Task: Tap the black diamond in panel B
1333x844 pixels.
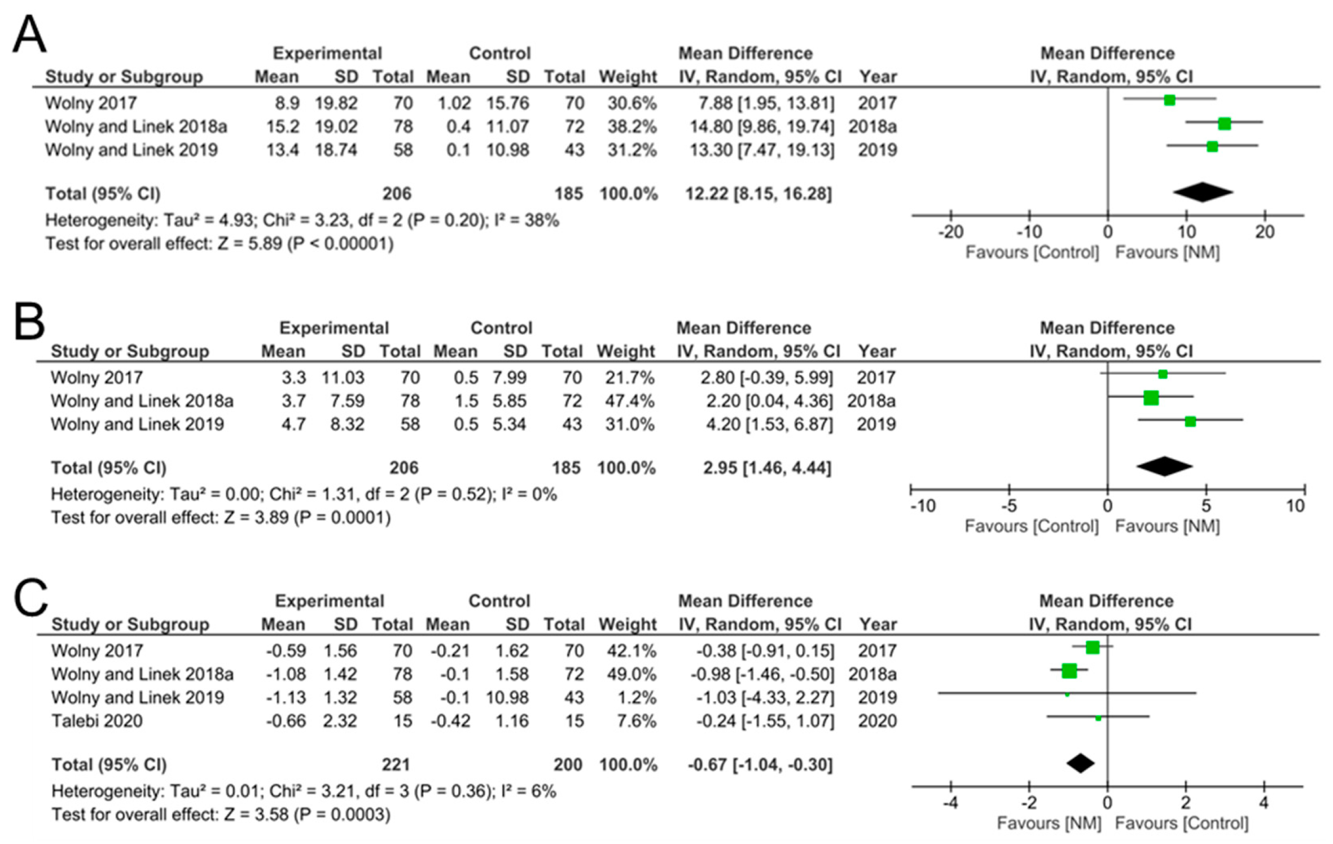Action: pyautogui.click(x=1164, y=466)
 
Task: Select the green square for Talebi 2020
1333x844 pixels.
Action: pyautogui.click(x=1098, y=718)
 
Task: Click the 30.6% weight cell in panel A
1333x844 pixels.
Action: pyautogui.click(x=632, y=103)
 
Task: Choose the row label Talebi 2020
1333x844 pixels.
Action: pyautogui.click(x=97, y=721)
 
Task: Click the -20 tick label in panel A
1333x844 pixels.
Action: pyautogui.click(x=950, y=232)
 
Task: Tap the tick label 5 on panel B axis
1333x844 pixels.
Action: pyautogui.click(x=1206, y=506)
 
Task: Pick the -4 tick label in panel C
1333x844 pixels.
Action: pyautogui.click(x=950, y=803)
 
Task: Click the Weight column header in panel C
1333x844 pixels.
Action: pyautogui.click(x=628, y=624)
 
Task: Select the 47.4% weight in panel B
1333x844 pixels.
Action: pyautogui.click(x=630, y=401)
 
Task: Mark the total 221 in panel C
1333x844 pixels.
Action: pyautogui.click(x=396, y=765)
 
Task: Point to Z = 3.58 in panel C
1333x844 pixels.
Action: pyautogui.click(x=256, y=815)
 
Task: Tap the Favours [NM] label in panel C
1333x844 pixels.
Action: pyautogui.click(x=1049, y=823)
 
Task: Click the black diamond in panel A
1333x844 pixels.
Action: pyautogui.click(x=1203, y=192)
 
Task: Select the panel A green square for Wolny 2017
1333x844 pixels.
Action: pyautogui.click(x=1169, y=100)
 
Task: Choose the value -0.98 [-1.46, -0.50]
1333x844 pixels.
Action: pyautogui.click(x=765, y=674)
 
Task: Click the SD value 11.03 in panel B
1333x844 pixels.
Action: pyautogui.click(x=343, y=378)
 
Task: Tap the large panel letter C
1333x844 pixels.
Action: pyautogui.click(x=30, y=597)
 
